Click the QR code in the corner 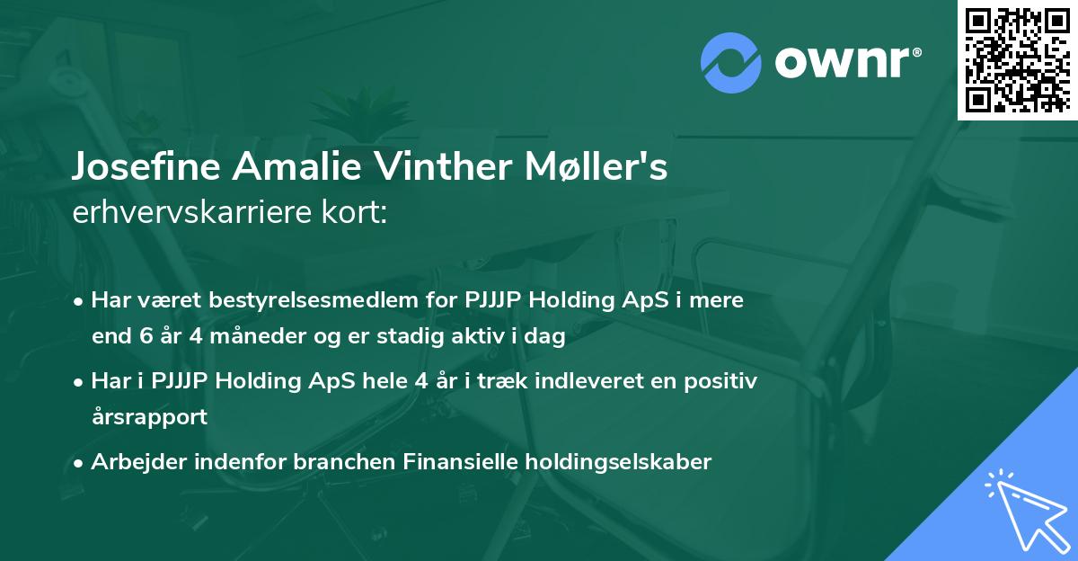pos(1017,59)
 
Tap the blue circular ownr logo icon pos(730,62)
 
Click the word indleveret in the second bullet pos(588,381)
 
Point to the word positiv pos(718,381)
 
